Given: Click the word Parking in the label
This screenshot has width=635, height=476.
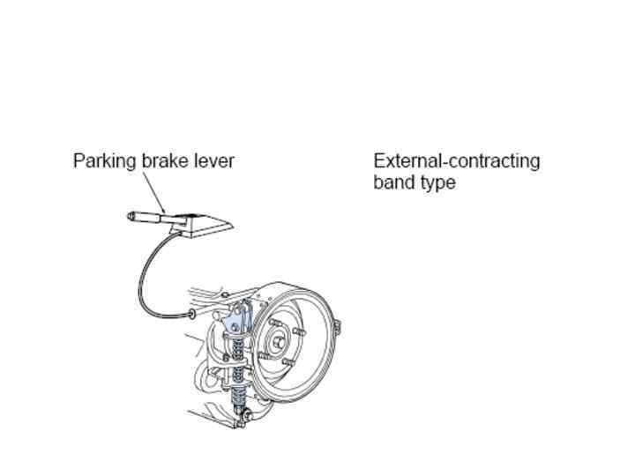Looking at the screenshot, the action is (105, 161).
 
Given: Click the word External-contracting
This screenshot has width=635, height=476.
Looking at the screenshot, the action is (456, 161).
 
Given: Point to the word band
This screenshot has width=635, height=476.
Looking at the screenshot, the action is (392, 183).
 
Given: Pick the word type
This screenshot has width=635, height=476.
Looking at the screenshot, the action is (438, 183).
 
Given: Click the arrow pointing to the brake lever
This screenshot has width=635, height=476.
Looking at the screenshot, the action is (156, 192).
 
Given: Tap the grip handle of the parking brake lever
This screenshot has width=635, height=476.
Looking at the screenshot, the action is (143, 215).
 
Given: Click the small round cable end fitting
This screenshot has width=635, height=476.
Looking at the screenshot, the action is (191, 314).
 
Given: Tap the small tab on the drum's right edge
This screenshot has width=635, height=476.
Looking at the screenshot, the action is (337, 328).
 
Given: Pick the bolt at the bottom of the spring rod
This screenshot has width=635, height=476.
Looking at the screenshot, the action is (246, 414).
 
